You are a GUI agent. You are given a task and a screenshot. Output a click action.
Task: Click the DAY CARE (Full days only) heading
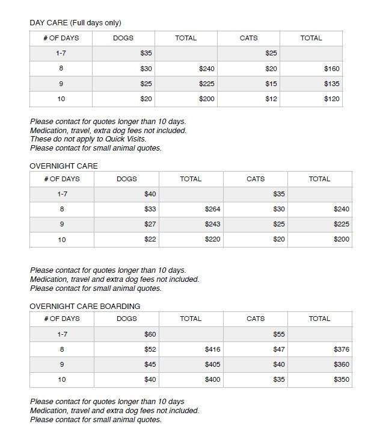click(75, 23)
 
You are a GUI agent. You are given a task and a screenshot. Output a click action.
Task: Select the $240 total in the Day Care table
click(206, 69)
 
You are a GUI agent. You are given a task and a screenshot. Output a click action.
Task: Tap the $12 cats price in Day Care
click(271, 99)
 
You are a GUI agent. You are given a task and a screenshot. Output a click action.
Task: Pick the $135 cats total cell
click(331, 84)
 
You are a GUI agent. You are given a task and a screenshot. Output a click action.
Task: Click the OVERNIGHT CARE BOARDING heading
click(85, 306)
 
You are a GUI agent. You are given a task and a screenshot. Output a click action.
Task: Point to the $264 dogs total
click(212, 209)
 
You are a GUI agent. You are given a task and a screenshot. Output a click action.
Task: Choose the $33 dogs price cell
click(150, 209)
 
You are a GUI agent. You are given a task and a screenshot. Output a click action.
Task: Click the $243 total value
click(212, 224)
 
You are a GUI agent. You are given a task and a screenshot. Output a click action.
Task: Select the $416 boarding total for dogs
click(212, 349)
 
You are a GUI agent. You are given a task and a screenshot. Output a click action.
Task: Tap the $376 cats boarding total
click(341, 349)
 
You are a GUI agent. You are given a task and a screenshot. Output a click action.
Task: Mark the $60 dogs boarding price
click(150, 334)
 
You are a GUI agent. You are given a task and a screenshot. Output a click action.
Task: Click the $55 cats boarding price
click(278, 334)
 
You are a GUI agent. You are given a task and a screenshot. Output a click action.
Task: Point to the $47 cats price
click(278, 349)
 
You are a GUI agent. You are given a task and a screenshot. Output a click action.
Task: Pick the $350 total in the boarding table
click(341, 380)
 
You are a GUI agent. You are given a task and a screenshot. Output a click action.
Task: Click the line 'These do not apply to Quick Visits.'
click(88, 139)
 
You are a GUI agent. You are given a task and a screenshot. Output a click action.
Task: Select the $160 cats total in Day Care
click(331, 69)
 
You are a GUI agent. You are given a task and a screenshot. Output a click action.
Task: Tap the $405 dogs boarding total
click(212, 364)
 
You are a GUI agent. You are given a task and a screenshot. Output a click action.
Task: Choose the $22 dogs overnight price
click(150, 239)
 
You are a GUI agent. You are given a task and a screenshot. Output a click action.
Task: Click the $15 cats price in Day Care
click(271, 84)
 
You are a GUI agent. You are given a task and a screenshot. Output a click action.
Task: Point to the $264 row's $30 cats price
click(278, 209)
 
